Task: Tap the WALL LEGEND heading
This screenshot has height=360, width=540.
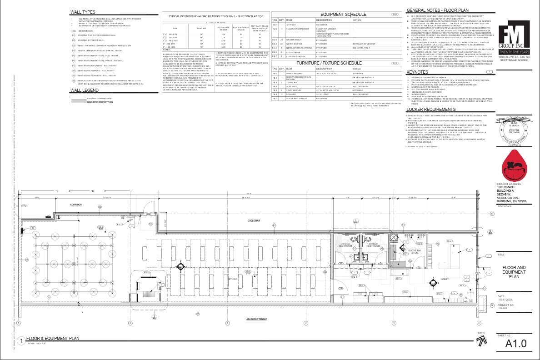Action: pos(85,90)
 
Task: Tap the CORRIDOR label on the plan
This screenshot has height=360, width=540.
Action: pos(77,205)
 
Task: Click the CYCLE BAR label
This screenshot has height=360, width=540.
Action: pos(254,220)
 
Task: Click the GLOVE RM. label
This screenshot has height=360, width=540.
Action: pos(414,251)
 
